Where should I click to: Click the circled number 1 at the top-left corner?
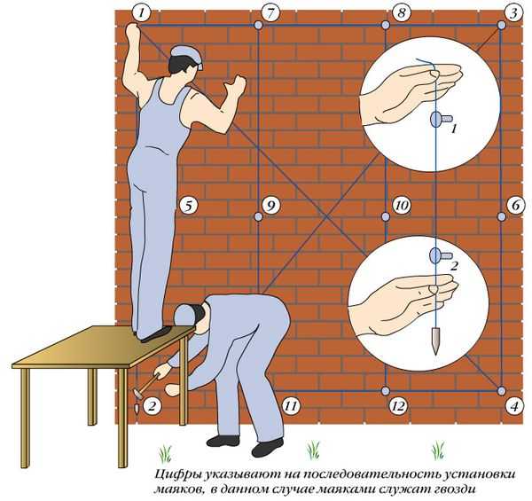(141, 13)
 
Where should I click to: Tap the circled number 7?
(270, 13)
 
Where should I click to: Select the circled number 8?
(402, 13)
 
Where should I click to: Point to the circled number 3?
(514, 13)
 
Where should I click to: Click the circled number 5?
(188, 206)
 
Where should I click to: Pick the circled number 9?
(270, 206)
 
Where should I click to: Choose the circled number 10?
(402, 206)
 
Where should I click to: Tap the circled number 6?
(515, 206)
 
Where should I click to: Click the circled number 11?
(292, 405)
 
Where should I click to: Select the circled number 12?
(398, 405)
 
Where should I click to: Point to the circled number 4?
(514, 406)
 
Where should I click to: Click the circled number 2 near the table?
(152, 405)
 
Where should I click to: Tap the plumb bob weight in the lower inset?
(435, 341)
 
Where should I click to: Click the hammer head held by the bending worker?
(138, 394)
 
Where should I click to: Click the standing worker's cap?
(188, 56)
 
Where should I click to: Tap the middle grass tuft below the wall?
(314, 450)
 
